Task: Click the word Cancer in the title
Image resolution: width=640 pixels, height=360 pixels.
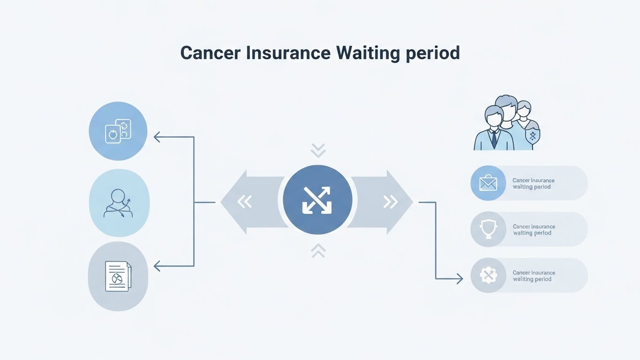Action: pos(210,52)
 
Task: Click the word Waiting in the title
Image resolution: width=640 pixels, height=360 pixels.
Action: pos(367,52)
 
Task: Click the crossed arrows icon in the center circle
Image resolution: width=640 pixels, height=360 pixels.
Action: pos(317,200)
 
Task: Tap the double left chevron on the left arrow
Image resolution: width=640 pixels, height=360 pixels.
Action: pos(244,202)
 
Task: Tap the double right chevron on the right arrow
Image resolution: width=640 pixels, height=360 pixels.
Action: pos(390,202)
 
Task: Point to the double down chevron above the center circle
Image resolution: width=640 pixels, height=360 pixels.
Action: pos(318,150)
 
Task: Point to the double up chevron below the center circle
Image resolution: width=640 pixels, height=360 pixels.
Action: pos(318,251)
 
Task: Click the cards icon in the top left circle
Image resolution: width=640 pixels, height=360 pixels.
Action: pos(118,131)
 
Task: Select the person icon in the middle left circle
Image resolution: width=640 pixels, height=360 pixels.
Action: pos(119,203)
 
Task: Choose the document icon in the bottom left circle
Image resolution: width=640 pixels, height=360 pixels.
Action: pos(118,276)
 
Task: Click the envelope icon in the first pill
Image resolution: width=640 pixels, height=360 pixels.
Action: pos(488,183)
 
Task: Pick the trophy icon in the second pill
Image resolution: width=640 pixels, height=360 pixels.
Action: pos(488,229)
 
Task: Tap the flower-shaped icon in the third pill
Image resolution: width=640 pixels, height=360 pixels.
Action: pos(488,275)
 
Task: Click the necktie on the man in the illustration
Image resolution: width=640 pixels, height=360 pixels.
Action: pos(494,139)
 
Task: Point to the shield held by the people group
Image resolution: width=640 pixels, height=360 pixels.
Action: pos(532,136)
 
